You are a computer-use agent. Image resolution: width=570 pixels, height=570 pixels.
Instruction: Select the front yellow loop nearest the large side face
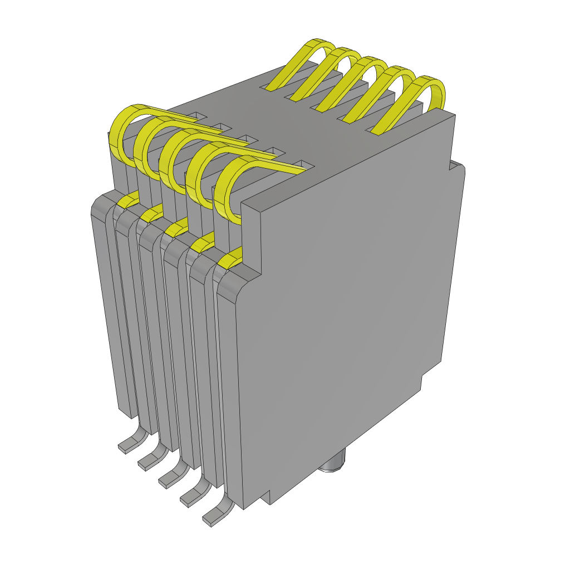[223, 195]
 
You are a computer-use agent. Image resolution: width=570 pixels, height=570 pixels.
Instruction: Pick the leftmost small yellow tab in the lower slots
[129, 199]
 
